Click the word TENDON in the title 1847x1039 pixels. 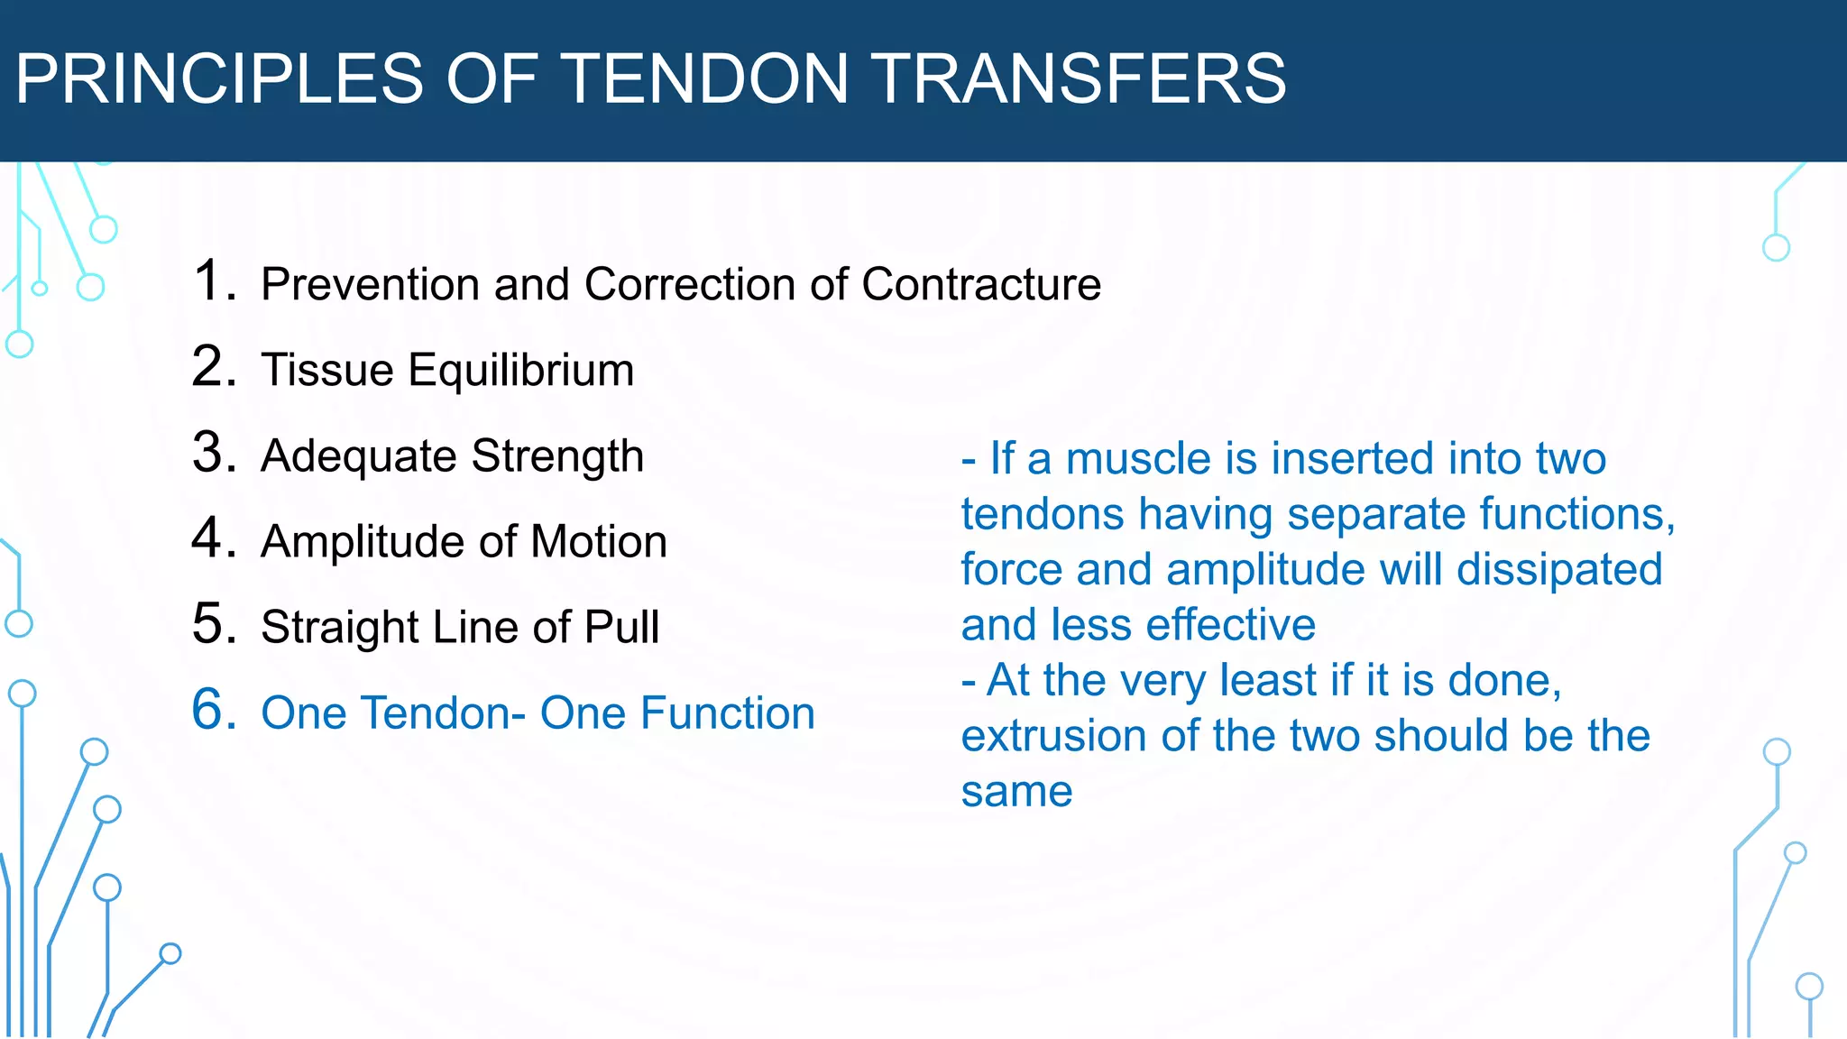[706, 78]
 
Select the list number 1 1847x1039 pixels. [214, 280]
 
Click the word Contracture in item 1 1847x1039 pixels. [981, 284]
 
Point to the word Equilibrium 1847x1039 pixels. [521, 370]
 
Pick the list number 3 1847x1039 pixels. [214, 452]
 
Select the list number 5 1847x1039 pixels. [214, 623]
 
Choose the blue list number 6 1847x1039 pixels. [214, 709]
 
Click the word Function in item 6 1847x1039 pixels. [728, 713]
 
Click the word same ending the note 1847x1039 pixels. [1016, 792]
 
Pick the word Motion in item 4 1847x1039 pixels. [599, 542]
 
